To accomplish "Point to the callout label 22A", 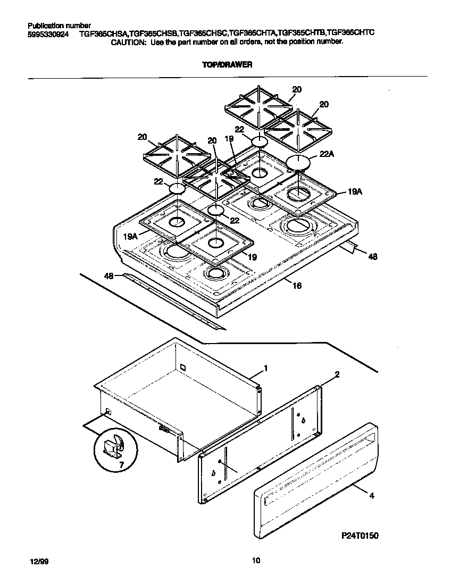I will point(327,154).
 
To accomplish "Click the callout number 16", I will point(297,286).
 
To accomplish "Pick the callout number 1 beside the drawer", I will point(265,369).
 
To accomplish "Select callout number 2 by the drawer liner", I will point(337,374).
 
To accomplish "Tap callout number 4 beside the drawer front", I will point(371,496).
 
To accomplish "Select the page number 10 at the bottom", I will point(256,560).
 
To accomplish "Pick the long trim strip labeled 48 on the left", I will point(170,301).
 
